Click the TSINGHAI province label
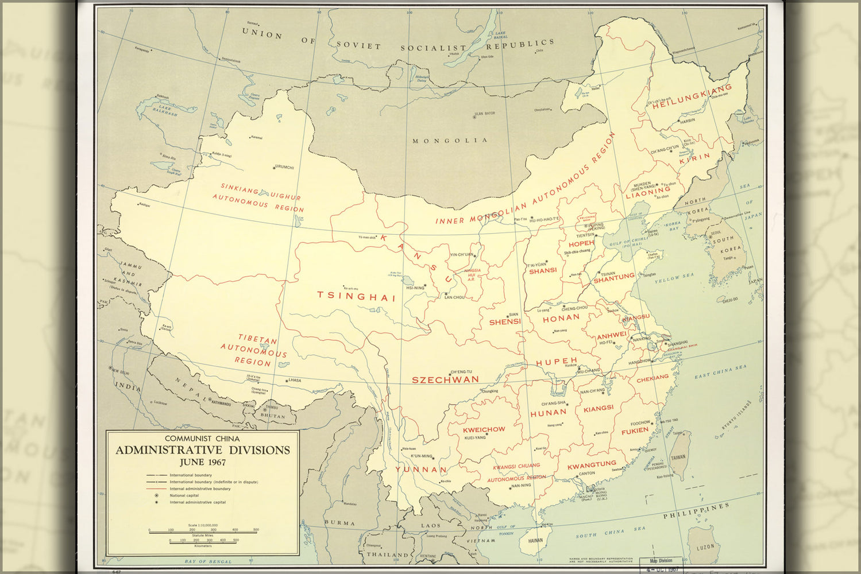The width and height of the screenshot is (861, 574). (x=357, y=297)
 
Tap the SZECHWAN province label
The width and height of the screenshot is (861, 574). (x=445, y=380)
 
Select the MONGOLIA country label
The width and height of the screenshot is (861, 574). (x=450, y=141)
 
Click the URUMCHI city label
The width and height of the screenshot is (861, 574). (x=284, y=168)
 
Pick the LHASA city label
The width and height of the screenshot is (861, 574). (x=295, y=381)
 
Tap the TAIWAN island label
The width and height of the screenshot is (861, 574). (x=678, y=457)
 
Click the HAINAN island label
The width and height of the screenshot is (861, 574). (x=535, y=540)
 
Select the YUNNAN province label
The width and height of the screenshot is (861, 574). (x=420, y=470)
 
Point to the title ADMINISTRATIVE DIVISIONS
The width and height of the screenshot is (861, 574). (x=203, y=450)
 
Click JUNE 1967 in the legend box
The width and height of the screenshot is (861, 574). (x=202, y=463)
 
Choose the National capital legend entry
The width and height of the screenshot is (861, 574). (x=184, y=495)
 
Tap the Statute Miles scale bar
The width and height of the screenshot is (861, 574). (x=203, y=532)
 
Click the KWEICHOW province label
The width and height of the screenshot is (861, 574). (x=484, y=429)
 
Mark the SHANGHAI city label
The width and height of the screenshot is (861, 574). (x=678, y=343)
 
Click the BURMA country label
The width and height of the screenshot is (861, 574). (x=339, y=523)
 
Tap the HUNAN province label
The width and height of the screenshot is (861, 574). (x=548, y=413)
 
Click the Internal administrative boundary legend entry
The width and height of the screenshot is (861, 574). (x=200, y=489)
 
